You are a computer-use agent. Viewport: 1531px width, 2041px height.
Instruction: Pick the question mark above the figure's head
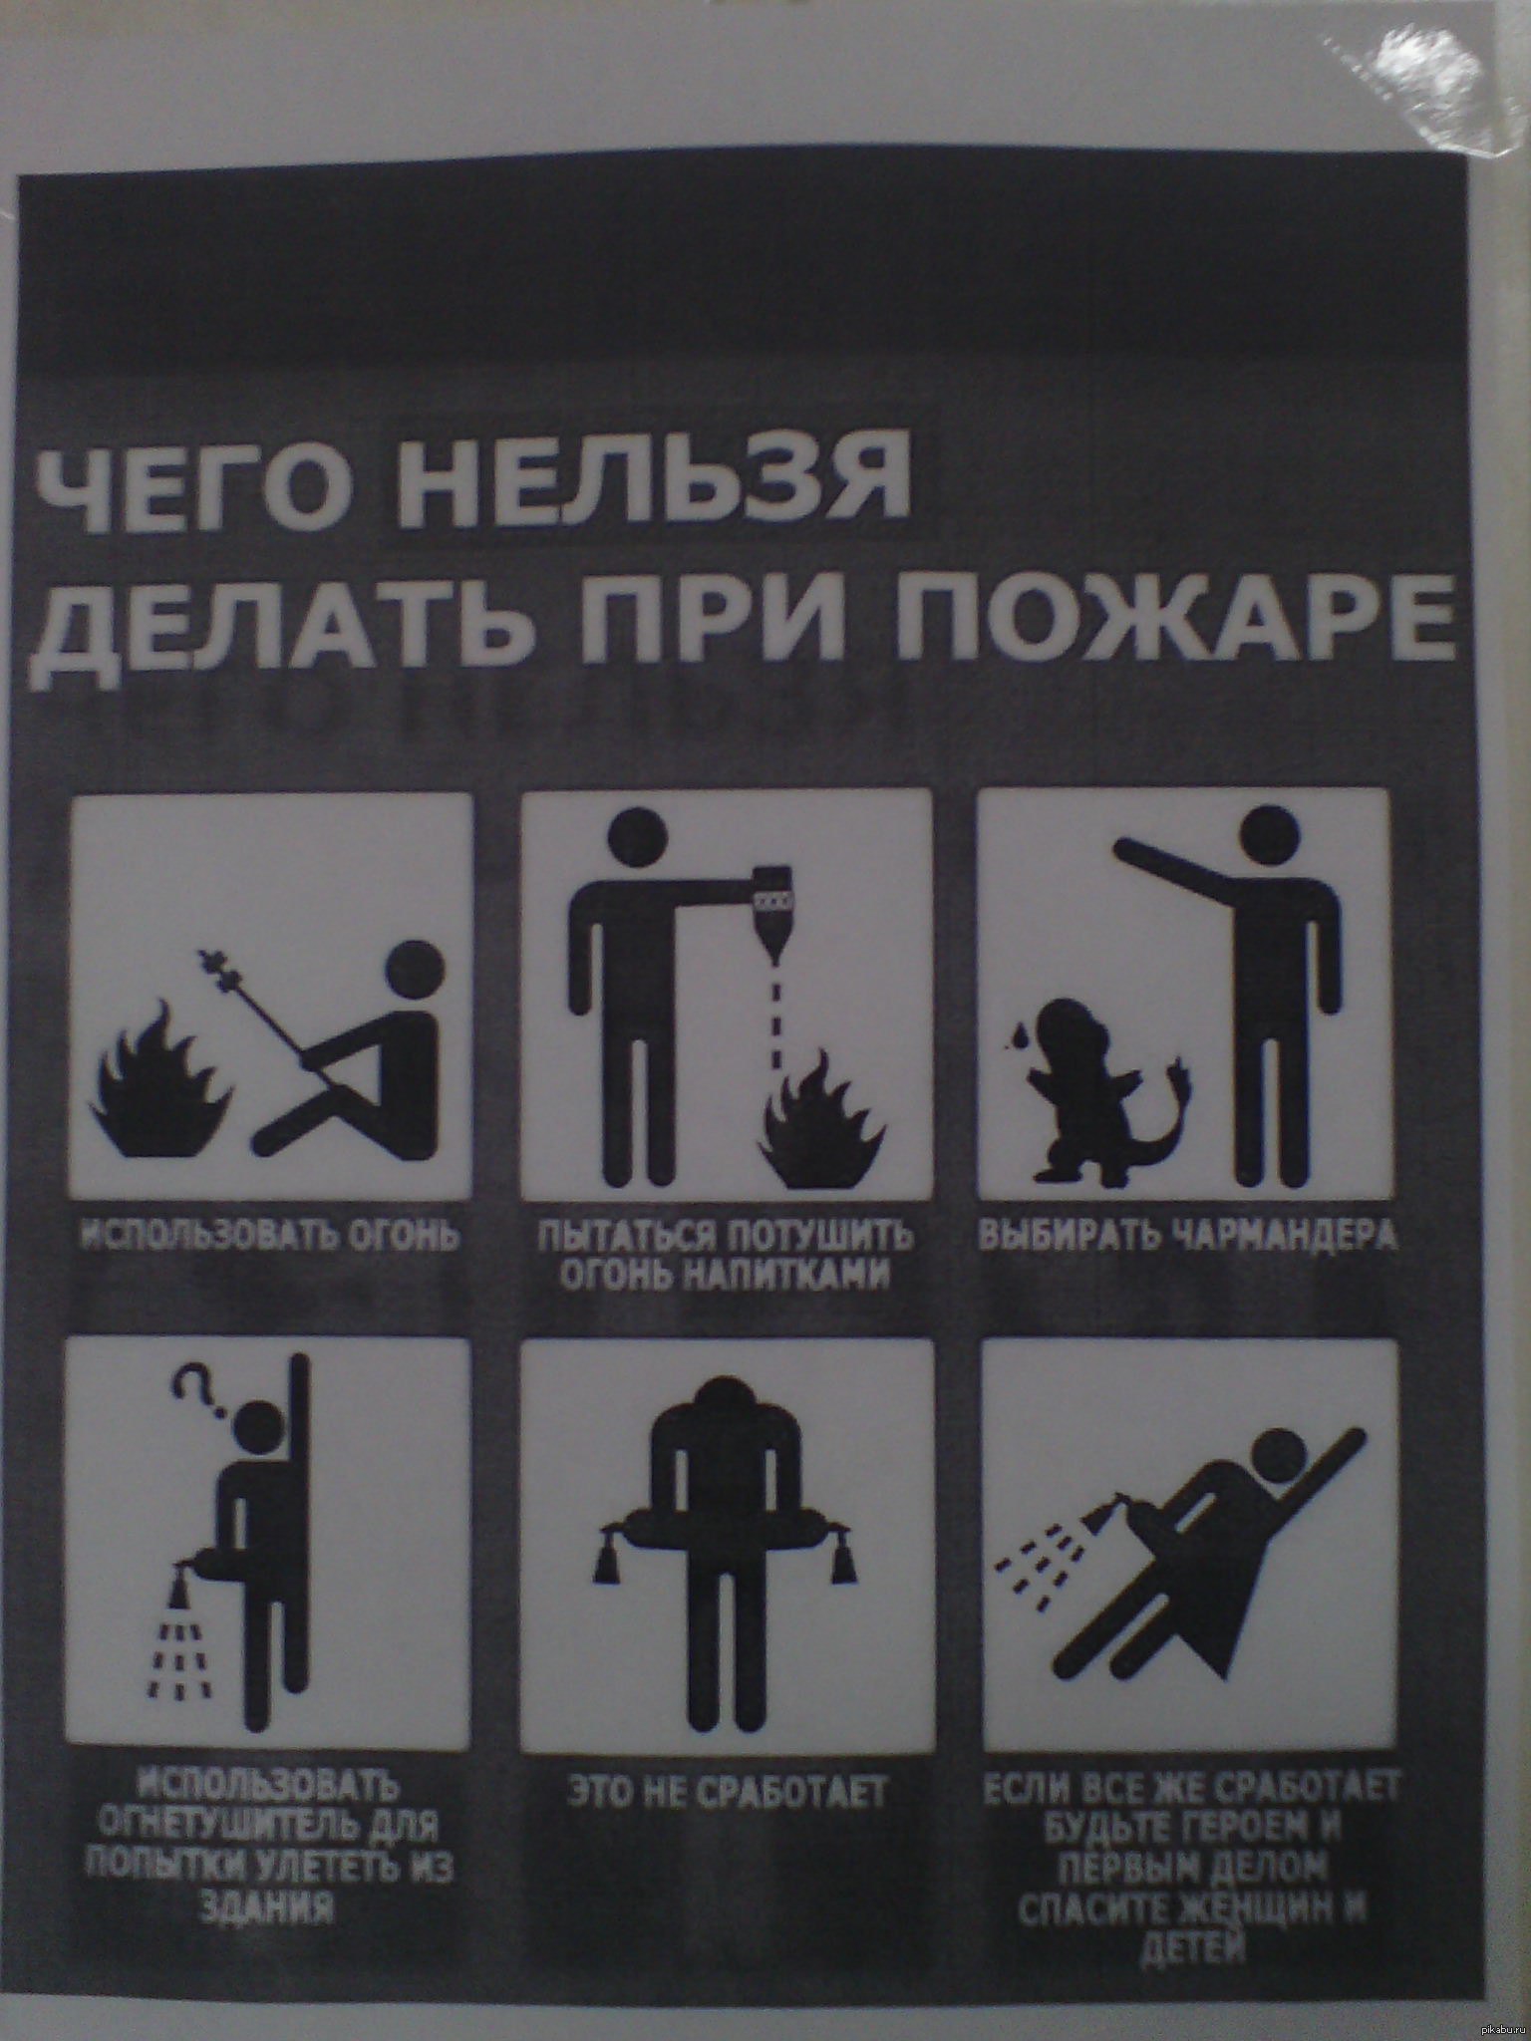coord(195,1387)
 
